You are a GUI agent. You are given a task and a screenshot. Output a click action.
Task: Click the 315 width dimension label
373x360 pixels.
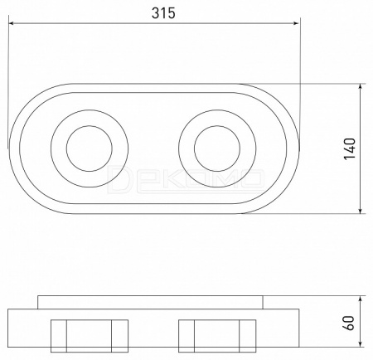[163, 13]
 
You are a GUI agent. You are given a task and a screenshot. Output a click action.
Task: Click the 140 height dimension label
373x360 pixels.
[349, 148]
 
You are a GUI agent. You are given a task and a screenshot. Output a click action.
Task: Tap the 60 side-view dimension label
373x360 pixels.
[349, 323]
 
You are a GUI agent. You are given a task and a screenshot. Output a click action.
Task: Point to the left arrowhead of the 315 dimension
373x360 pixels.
[12, 23]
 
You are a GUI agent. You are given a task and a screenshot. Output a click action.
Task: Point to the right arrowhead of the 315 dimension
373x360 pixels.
[296, 23]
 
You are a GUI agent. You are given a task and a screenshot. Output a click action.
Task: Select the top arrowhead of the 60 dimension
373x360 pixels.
[360, 299]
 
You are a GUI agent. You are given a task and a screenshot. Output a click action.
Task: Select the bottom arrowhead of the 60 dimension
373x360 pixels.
[360, 343]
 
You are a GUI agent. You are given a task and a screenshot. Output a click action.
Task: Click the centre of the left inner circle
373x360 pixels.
[90, 148]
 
